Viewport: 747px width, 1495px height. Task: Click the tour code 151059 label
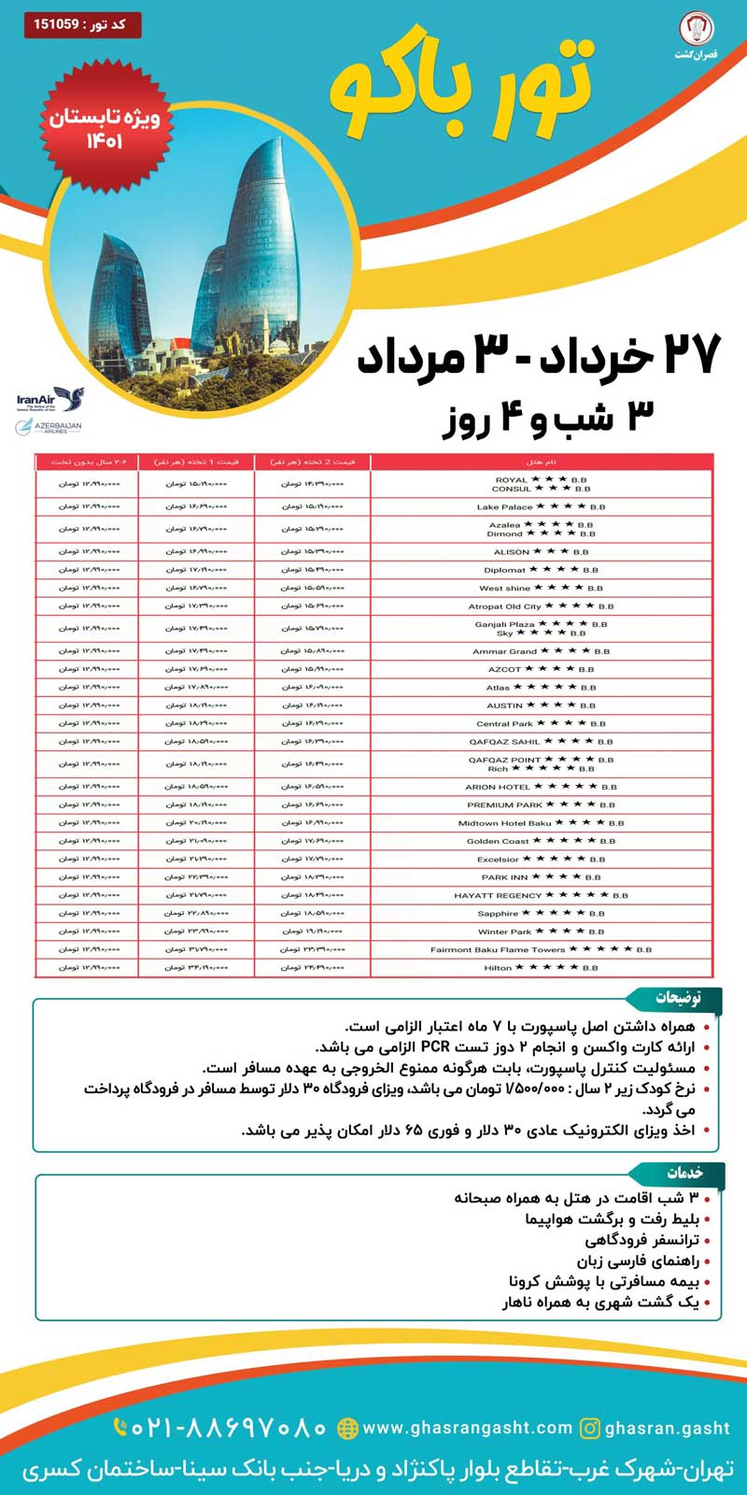pos(82,24)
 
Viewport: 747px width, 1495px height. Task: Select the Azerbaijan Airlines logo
pos(49,427)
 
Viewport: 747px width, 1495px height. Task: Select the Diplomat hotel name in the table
pos(504,570)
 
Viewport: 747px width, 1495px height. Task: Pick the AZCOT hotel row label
pos(504,669)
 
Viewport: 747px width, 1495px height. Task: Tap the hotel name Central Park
pos(504,723)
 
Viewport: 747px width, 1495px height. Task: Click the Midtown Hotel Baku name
pos(504,823)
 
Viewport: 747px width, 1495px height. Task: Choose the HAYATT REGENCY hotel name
pos(498,895)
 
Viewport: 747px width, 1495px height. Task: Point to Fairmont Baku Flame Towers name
pos(498,949)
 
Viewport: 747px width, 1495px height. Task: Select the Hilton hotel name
pos(498,968)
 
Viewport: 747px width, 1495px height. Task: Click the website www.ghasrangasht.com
pos(467,1428)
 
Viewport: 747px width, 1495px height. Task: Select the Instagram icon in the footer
pos(590,1428)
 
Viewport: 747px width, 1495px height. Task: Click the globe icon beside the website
pos(347,1428)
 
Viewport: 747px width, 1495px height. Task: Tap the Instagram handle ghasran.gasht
pos(667,1428)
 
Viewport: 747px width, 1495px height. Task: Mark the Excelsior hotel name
pos(498,860)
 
